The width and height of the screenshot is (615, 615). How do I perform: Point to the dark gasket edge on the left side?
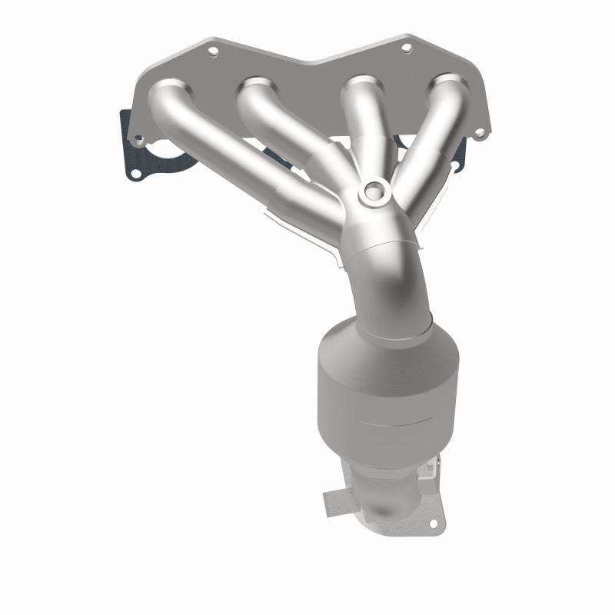(x=125, y=138)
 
